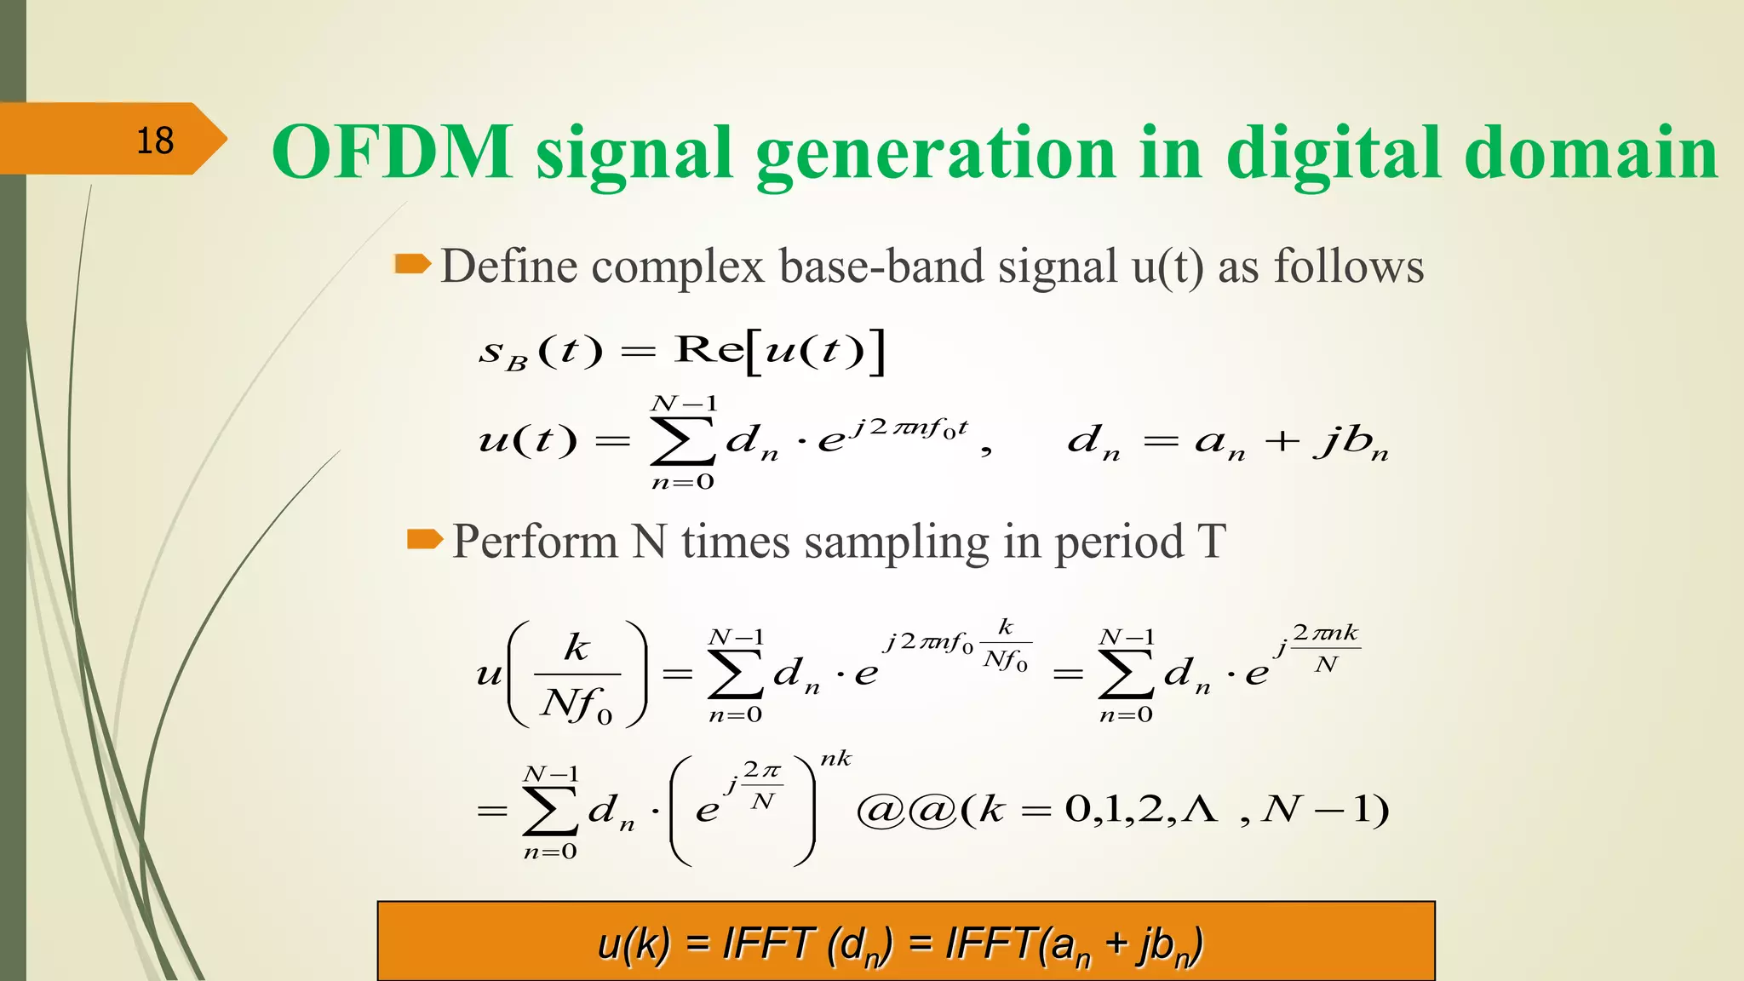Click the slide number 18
coord(155,141)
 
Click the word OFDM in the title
coord(393,152)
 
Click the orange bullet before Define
coord(413,264)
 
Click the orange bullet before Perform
coord(425,540)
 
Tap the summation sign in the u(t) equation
coord(682,440)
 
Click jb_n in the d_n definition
coord(1351,442)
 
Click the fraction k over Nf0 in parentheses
coord(577,674)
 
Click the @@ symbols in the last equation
coord(905,809)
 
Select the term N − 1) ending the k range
coord(1325,809)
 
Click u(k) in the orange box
coord(634,944)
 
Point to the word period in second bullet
coord(1119,542)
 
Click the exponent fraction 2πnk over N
coord(1325,648)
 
